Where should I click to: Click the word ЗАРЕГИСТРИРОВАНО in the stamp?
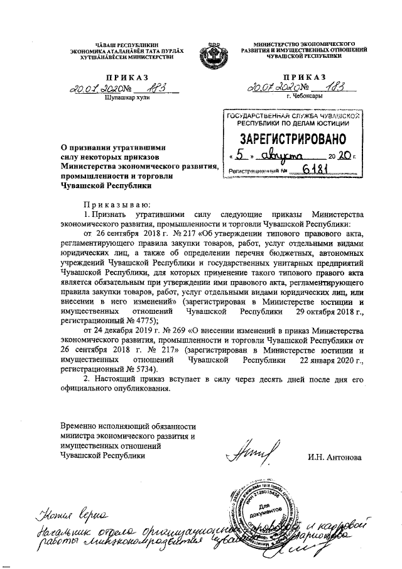290,138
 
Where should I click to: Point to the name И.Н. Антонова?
334,456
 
